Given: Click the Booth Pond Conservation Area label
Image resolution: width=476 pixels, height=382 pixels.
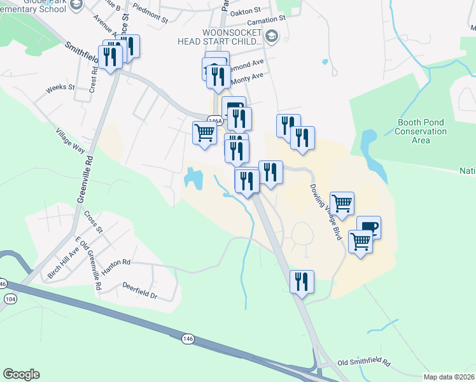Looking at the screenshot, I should click(421, 131).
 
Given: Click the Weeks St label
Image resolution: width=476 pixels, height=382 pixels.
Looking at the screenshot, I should click(60, 87).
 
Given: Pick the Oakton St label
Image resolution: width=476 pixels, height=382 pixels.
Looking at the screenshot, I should click(249, 11).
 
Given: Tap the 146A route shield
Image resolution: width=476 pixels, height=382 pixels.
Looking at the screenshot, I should click(215, 119).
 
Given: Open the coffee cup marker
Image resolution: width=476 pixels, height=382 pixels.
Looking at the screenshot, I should click(368, 227).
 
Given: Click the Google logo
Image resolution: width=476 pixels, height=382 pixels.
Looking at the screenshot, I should click(21, 374).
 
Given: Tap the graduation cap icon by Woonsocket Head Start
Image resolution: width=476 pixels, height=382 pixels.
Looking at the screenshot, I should click(272, 35).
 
